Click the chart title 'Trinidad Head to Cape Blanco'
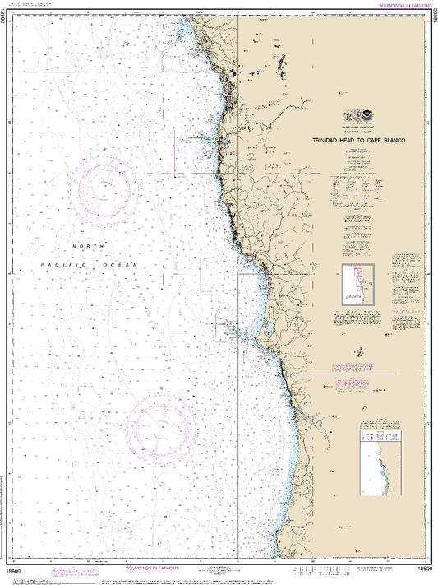[x=356, y=140]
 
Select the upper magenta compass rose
[x=104, y=188]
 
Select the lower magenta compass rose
[x=162, y=425]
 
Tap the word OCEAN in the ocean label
[x=122, y=264]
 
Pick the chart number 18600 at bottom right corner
[x=424, y=569]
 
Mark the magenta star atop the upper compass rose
[x=104, y=149]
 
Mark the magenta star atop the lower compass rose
[x=162, y=388]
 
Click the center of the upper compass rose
[x=104, y=188]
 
